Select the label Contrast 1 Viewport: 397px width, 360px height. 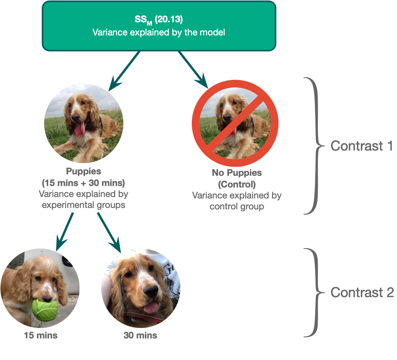(x=361, y=146)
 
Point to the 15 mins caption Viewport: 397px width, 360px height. (x=41, y=335)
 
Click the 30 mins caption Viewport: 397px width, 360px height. (x=140, y=335)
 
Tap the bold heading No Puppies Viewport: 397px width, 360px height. (x=237, y=173)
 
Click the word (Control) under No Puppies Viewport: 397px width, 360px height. (x=237, y=184)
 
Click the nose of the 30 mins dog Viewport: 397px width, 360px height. (x=150, y=291)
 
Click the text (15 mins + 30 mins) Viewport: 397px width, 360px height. (x=84, y=182)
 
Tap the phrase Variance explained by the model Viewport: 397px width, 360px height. (x=159, y=32)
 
